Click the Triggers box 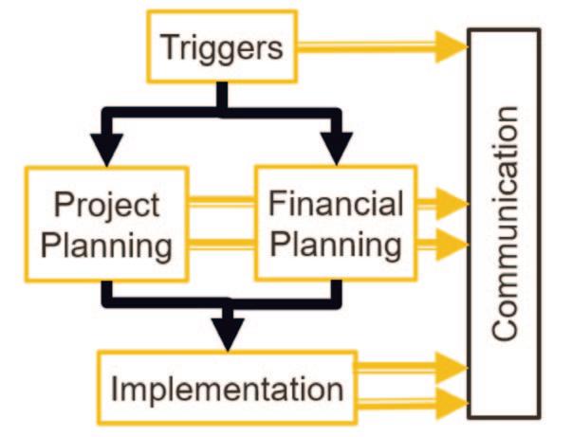[221, 46]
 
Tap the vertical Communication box [505, 222]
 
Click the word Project [105, 205]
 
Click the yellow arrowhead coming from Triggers [451, 46]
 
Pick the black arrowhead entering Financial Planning [333, 150]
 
